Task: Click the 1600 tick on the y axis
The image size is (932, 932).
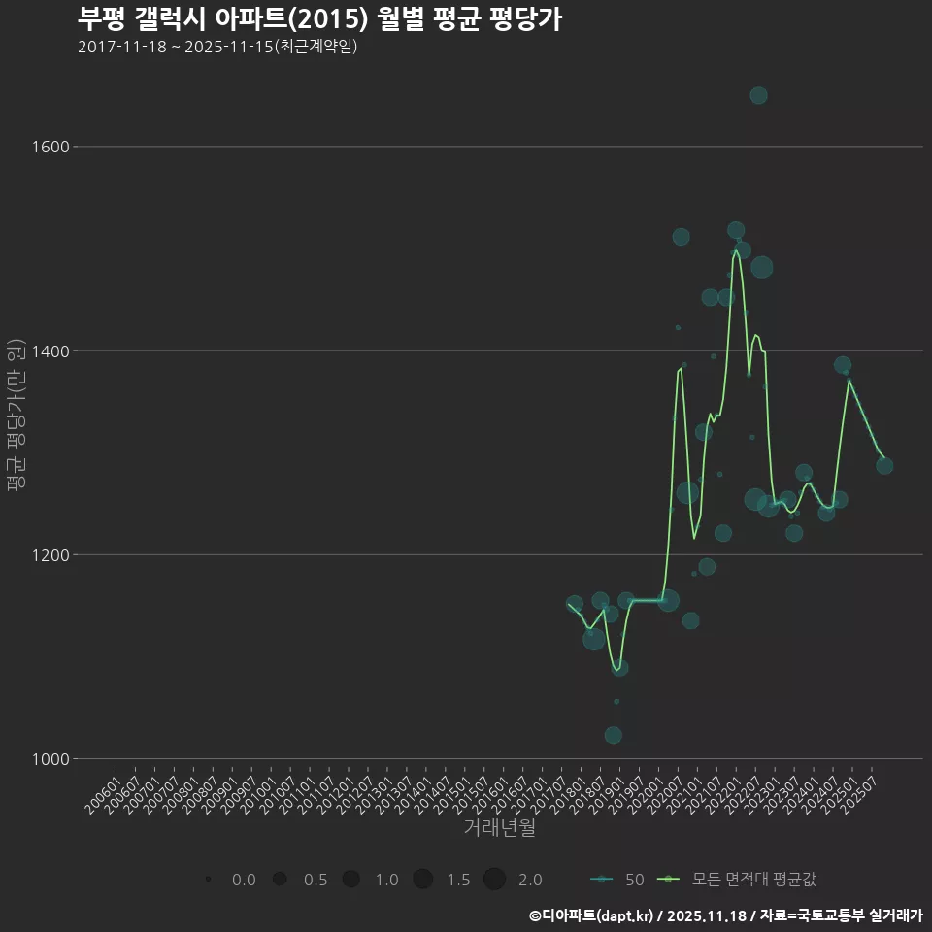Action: click(50, 147)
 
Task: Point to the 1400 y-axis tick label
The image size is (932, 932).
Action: click(50, 350)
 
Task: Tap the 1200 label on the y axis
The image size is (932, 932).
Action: click(50, 554)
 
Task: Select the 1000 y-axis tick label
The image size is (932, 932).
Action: click(50, 759)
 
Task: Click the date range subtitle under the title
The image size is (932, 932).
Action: click(217, 47)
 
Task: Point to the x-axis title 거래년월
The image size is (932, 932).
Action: click(499, 828)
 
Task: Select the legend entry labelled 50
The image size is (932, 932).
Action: click(617, 880)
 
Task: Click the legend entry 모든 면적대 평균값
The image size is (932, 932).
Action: click(738, 880)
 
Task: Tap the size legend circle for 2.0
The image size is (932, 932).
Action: click(494, 880)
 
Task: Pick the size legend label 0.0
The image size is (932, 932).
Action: click(244, 880)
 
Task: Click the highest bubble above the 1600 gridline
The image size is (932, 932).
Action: click(758, 95)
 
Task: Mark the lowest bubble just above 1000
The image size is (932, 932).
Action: click(613, 735)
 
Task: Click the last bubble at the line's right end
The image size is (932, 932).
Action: click(884, 466)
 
